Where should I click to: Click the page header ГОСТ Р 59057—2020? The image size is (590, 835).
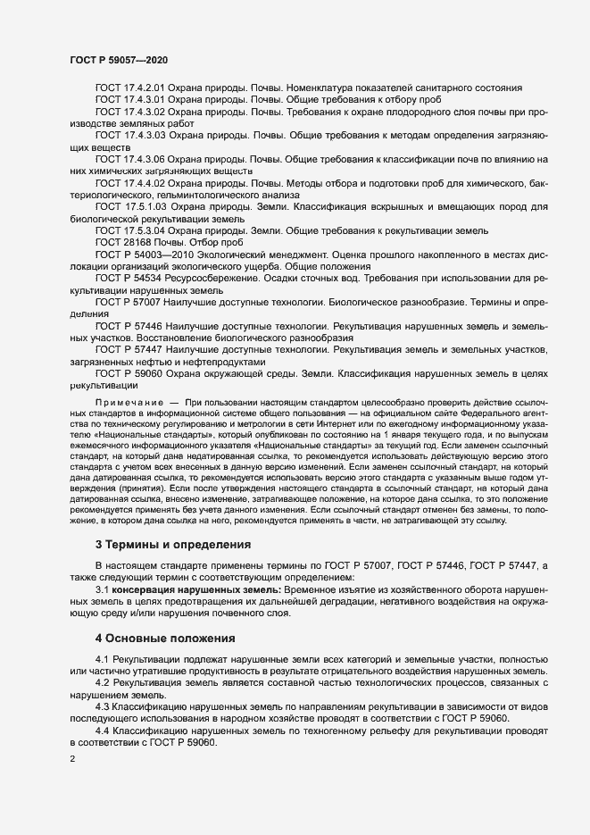(119, 59)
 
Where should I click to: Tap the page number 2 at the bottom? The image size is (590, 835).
(72, 759)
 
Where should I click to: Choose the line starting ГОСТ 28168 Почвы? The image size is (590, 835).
(169, 242)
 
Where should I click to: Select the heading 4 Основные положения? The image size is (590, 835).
(165, 639)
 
